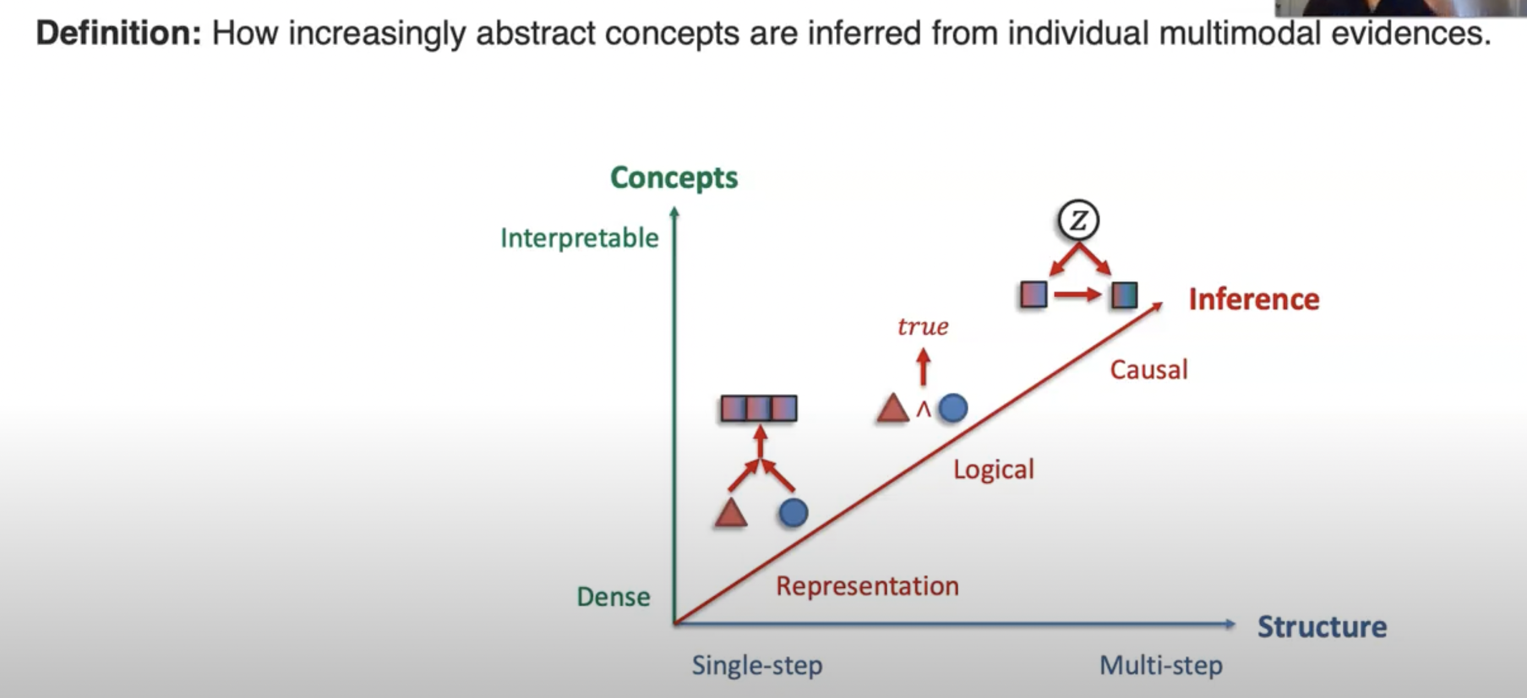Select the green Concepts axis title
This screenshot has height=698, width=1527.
point(674,178)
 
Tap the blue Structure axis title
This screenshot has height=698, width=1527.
point(1322,627)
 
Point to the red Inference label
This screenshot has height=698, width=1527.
point(1254,299)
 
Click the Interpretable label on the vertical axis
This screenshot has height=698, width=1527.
point(579,238)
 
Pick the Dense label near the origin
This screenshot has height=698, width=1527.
point(613,597)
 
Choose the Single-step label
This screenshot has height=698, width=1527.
point(757,666)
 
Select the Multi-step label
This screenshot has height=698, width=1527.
point(1160,666)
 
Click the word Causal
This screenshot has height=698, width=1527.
point(1148,370)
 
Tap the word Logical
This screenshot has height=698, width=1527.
point(994,470)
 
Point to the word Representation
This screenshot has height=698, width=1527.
point(867,586)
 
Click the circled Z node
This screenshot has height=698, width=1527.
point(1078,221)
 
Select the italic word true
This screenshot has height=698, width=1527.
point(923,327)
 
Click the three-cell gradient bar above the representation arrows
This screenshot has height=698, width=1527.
point(759,408)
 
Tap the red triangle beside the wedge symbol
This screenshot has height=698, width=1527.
point(893,408)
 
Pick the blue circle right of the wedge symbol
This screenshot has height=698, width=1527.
point(953,408)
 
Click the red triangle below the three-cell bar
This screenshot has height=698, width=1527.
point(731,513)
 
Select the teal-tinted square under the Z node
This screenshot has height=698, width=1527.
point(1124,295)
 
